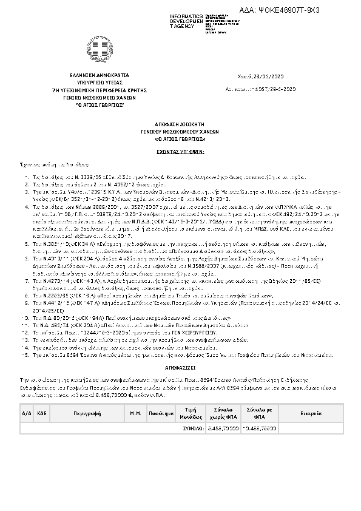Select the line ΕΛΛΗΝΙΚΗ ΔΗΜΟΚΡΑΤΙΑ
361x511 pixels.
(100, 76)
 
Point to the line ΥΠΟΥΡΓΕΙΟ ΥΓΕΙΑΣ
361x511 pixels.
(100, 83)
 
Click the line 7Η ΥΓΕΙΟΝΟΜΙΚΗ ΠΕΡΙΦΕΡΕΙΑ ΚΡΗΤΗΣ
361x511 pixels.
(100, 90)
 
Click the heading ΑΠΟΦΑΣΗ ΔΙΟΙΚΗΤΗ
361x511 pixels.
(180, 121)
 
